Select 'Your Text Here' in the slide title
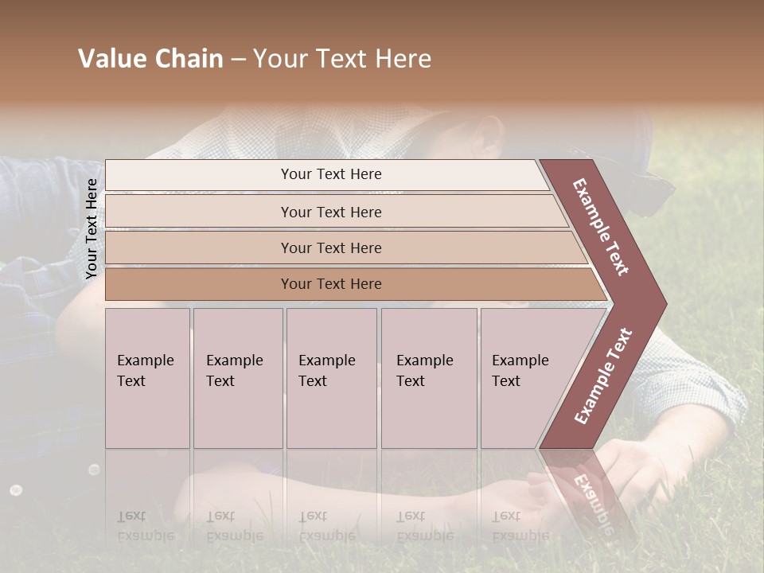click(x=342, y=59)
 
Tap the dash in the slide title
click(x=238, y=60)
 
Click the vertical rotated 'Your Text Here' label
click(x=92, y=229)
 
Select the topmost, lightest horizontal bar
click(x=330, y=174)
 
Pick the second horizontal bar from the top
click(x=330, y=212)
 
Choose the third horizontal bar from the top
click(x=330, y=248)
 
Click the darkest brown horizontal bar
click(x=330, y=284)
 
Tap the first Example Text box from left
click(x=147, y=377)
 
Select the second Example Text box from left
click(x=237, y=377)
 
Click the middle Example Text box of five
click(x=331, y=377)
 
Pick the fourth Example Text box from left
click(x=429, y=377)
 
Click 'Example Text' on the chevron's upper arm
click(x=602, y=227)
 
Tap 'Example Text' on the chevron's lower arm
click(x=602, y=376)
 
